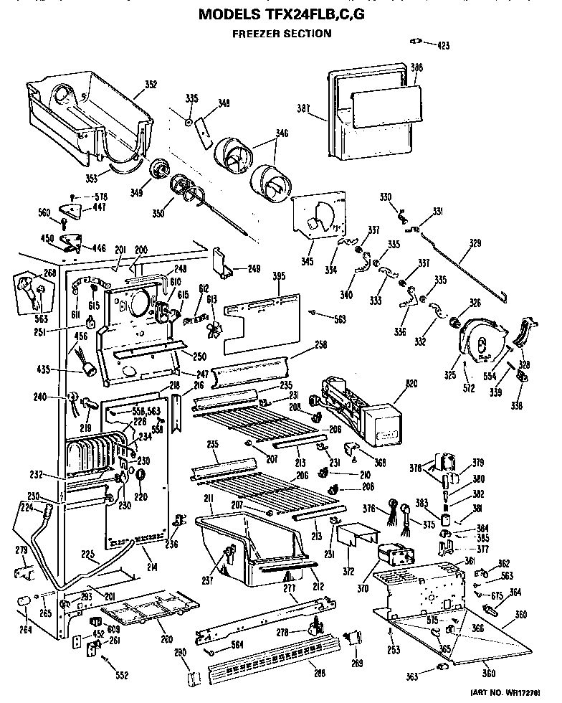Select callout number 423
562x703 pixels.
click(x=443, y=45)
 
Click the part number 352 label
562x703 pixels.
click(x=151, y=84)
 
